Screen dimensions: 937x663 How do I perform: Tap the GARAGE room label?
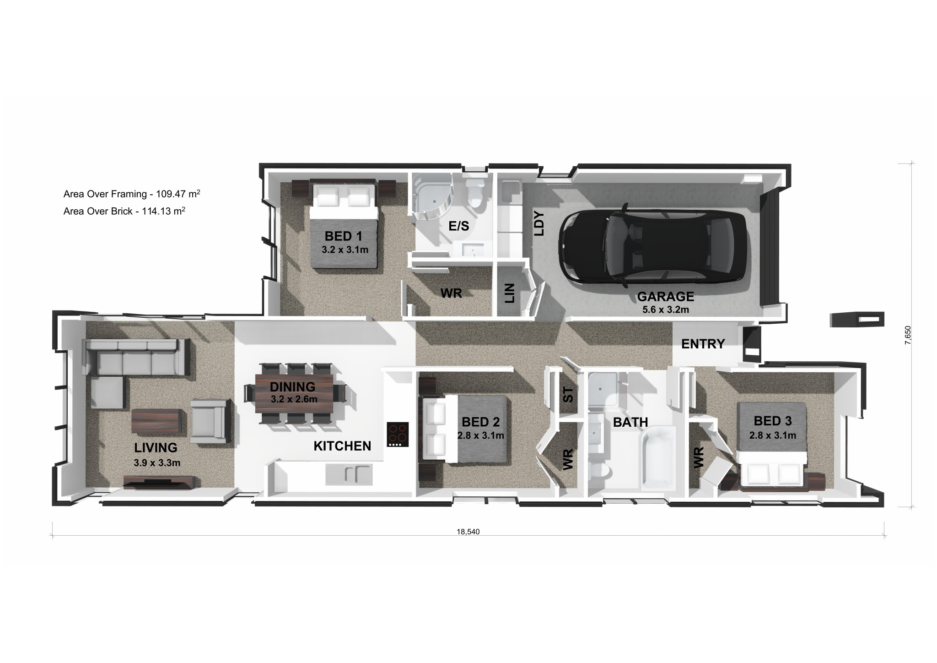coord(666,297)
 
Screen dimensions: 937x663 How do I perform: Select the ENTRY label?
coord(703,344)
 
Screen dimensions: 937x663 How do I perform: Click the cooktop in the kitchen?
coord(398,435)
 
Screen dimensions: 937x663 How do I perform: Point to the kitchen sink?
coord(349,474)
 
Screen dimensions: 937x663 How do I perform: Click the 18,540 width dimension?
coord(468,532)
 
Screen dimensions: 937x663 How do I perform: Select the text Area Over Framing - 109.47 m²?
coord(132,194)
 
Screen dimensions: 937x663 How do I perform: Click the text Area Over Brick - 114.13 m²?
coord(124,211)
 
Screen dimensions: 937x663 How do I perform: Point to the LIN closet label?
coord(510,293)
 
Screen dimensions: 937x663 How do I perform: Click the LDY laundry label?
coord(539,223)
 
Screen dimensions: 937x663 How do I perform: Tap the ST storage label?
coord(567,394)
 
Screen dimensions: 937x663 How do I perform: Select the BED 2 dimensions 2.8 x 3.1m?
coord(481,435)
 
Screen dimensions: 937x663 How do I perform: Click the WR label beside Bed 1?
coord(451,293)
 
